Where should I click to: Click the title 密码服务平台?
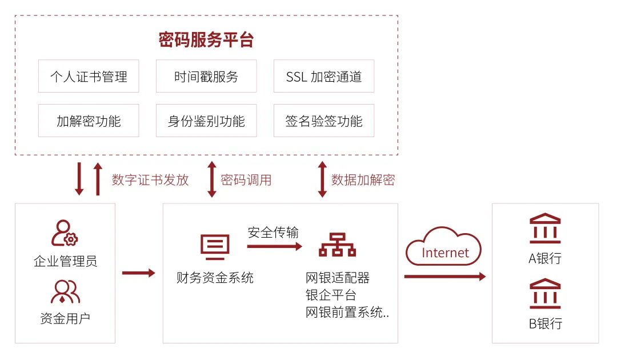tap(206, 40)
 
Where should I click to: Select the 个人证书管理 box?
tap(89, 76)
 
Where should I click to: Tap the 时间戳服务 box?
tap(206, 76)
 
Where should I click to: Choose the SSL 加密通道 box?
tap(324, 76)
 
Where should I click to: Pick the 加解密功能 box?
tap(89, 121)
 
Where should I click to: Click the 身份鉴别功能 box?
tap(206, 121)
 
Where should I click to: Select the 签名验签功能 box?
tap(324, 121)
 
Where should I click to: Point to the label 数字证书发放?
tap(150, 180)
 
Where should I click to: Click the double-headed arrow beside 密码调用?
tap(212, 179)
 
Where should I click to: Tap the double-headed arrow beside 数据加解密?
tap(322, 179)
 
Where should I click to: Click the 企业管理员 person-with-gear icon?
tap(65, 234)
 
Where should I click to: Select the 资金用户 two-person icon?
tap(65, 291)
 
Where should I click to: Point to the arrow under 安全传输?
tap(274, 247)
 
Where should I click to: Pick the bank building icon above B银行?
tap(545, 293)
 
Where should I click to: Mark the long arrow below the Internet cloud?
tap(444, 277)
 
